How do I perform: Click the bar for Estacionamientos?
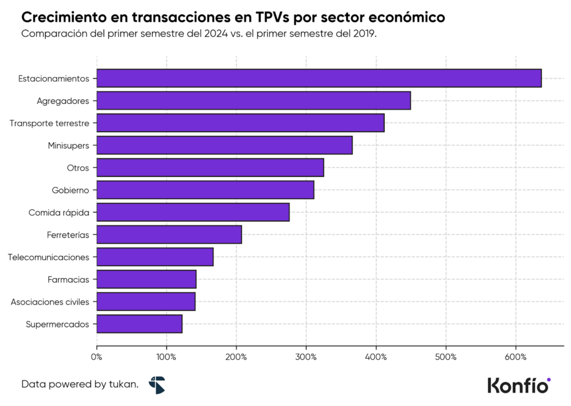tap(319, 78)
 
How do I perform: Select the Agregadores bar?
tap(254, 100)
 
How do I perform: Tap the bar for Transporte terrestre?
tap(240, 123)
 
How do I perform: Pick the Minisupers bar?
tap(225, 145)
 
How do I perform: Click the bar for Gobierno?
tap(205, 190)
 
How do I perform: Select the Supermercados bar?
tap(139, 323)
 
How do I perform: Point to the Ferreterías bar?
tap(169, 234)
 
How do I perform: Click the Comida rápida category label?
tap(59, 212)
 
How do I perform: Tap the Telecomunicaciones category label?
tap(49, 257)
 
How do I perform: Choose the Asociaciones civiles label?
tap(50, 302)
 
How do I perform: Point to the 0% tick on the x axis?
tap(97, 356)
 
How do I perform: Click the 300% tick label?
tap(306, 356)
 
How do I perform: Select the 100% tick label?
tap(166, 356)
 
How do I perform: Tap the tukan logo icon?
tap(157, 384)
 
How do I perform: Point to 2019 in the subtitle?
tap(365, 33)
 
